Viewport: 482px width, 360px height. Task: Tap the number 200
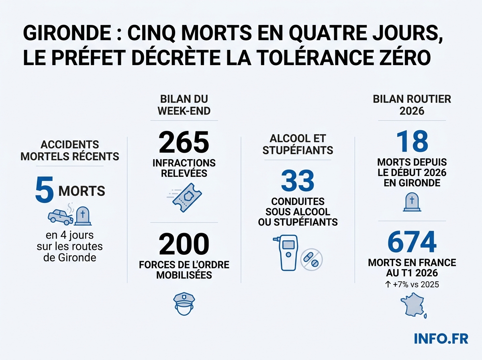[184, 244]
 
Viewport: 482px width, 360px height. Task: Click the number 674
[412, 242]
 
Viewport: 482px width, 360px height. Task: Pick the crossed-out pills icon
[312, 259]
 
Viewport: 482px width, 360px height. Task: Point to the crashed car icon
[60, 216]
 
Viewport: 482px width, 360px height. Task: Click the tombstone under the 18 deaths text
[412, 202]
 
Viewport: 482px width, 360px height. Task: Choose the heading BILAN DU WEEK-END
[184, 105]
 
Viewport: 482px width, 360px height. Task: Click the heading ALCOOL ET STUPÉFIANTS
[298, 144]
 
